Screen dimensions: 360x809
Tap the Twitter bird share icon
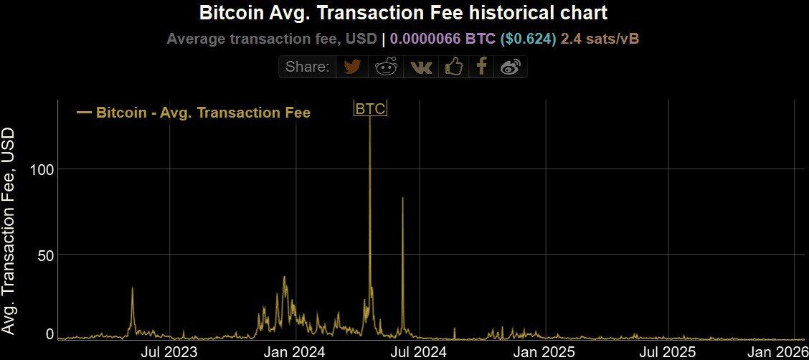click(x=351, y=67)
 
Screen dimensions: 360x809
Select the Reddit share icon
click(x=387, y=67)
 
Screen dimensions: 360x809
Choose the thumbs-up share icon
click(x=454, y=67)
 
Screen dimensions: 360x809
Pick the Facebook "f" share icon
click(x=482, y=67)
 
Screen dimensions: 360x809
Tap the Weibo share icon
click(x=511, y=67)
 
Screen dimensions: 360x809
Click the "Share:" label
click(x=307, y=67)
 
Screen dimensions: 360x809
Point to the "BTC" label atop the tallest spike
click(x=371, y=109)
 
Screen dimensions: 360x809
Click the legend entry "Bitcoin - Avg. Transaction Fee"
click(x=203, y=113)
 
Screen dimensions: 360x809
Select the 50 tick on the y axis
click(x=45, y=255)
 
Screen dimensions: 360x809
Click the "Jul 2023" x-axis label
click(x=170, y=352)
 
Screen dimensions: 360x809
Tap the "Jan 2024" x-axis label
click(x=294, y=352)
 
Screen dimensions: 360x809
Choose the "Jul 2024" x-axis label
click(x=421, y=352)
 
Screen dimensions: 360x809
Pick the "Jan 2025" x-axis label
click(x=545, y=352)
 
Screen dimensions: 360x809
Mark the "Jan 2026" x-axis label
click(x=778, y=352)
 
